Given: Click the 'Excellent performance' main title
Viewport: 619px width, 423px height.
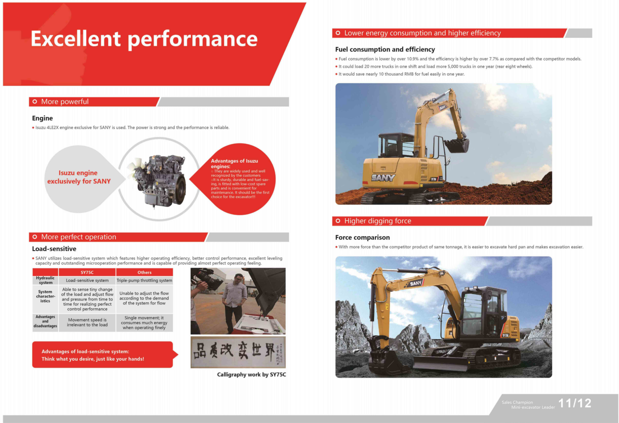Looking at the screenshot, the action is coord(144,39).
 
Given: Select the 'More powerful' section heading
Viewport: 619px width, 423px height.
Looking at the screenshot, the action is coord(65,102).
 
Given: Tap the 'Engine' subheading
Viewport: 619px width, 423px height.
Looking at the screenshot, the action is coord(42,118).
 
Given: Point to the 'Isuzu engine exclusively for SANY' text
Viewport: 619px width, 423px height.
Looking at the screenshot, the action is coord(79,177).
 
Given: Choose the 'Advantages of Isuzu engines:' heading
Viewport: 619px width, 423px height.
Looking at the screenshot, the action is coord(234,164).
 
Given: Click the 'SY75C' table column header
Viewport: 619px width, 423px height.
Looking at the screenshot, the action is coord(87,272).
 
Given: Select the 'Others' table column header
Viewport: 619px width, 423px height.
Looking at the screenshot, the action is coord(144,272).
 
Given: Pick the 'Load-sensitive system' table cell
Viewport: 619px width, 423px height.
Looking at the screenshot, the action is coord(87,280).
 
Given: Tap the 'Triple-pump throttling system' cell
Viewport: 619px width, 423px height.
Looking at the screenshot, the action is coord(144,280).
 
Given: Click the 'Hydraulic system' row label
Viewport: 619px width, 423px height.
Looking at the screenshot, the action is coord(45,280).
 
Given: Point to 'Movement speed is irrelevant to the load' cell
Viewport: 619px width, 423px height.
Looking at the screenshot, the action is coord(87,322).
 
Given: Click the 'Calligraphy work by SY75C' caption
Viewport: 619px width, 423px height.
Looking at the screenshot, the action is coord(251,375).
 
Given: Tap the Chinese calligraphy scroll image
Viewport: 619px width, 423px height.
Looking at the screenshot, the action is coord(238,352).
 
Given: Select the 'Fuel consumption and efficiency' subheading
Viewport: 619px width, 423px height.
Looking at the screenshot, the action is coord(385,50).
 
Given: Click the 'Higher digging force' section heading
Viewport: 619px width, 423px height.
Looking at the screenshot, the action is coord(378,221).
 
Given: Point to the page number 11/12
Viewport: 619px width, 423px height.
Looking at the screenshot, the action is coord(575,403).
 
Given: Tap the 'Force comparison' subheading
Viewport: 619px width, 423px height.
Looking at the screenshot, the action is coord(362,238).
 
